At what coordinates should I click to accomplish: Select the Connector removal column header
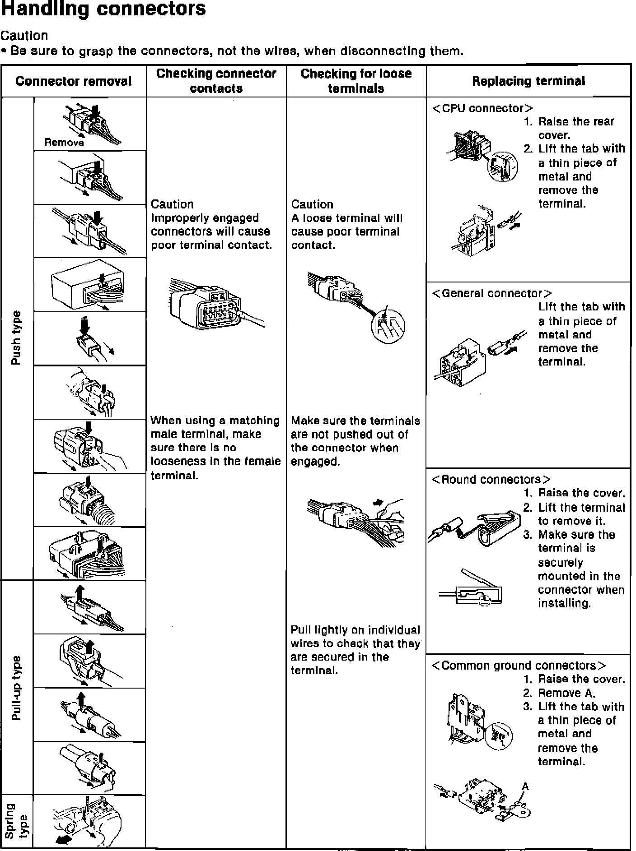coord(73,81)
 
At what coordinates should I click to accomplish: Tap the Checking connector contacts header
coord(216,81)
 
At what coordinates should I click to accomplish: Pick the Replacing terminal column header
coord(528,81)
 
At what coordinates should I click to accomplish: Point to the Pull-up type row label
coord(16,688)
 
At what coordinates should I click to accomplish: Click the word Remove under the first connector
coord(64,143)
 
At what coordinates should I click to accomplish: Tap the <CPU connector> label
coord(482,108)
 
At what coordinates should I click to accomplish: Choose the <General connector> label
coord(491,293)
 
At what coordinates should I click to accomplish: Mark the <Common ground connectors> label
coord(519,666)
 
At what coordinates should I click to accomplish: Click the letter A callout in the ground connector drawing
coord(525,786)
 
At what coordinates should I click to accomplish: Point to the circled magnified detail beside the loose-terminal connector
coord(388,326)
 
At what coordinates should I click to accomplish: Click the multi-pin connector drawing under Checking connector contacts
coord(208,304)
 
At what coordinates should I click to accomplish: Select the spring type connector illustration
coord(88,822)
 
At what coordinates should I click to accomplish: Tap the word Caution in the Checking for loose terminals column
coord(312,204)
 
